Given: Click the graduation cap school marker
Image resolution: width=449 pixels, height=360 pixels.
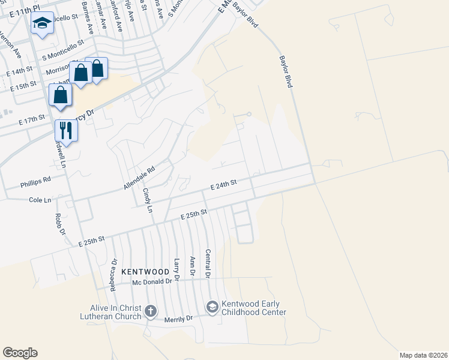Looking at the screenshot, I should point(42,23).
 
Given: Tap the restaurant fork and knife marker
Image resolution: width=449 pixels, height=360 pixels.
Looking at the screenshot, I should point(66,130).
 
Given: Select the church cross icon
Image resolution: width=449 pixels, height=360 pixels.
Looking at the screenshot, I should point(150,311).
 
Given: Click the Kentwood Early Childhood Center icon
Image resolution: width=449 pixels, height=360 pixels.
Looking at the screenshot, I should point(211,307).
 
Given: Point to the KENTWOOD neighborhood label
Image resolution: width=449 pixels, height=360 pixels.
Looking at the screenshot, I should point(145,272).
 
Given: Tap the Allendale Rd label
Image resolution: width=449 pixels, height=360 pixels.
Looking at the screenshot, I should point(139,178).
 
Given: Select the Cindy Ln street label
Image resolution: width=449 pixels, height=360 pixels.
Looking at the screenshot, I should point(147,200).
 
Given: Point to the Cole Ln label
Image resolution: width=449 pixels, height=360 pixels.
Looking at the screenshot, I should point(40,200).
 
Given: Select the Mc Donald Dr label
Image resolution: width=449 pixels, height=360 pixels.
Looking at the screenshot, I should point(152,281).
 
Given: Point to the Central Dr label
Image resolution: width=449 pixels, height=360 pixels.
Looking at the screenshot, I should point(208,263).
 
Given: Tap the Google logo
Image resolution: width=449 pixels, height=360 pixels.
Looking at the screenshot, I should point(20,353).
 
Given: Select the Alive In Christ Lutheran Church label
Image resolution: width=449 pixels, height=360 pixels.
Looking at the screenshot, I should point(112,312).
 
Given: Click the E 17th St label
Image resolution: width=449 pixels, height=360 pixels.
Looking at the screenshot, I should point(32,120).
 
